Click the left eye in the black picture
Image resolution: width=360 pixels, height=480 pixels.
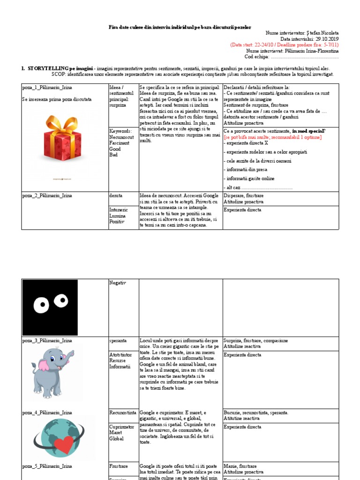[41, 306]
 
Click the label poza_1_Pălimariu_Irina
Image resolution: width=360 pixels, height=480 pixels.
[47, 88]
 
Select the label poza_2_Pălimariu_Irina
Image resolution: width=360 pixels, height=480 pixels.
[47, 195]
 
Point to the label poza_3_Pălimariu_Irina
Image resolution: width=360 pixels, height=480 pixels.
[47, 341]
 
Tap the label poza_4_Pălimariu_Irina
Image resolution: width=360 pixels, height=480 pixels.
[47, 412]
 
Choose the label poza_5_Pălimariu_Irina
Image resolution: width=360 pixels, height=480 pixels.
[47, 466]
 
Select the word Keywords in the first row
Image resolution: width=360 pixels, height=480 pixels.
[120, 131]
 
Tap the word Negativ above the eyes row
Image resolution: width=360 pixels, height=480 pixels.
[117, 283]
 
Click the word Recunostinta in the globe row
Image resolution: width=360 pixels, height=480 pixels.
[123, 412]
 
